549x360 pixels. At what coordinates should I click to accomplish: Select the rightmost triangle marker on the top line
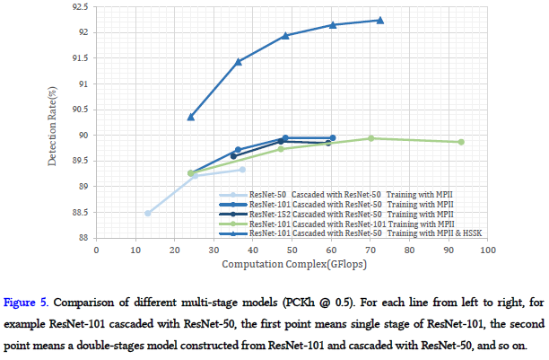(x=380, y=20)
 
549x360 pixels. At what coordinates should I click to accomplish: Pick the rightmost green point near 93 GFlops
(x=461, y=142)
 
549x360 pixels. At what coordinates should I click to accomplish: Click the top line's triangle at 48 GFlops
(x=285, y=36)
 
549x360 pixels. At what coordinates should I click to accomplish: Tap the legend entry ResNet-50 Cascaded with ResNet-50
(x=345, y=195)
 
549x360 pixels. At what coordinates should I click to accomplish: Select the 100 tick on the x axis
(x=488, y=250)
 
